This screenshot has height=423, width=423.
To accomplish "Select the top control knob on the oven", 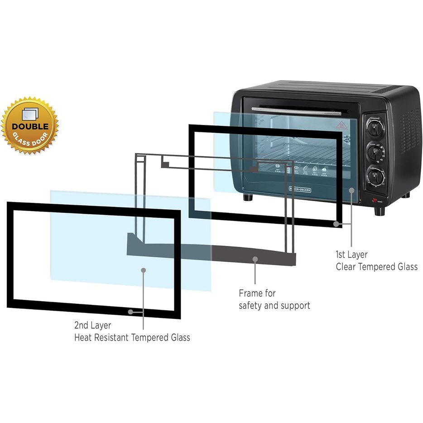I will pyautogui.click(x=375, y=129).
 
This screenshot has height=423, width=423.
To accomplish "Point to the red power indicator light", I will pyautogui.click(x=375, y=200).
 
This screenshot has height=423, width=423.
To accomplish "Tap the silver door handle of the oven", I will pyautogui.click(x=297, y=111).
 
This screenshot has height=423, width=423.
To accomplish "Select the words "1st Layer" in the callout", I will pyautogui.click(x=351, y=255).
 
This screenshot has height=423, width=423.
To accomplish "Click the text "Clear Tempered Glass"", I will pyautogui.click(x=376, y=267).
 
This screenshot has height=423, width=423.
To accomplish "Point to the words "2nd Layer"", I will pyautogui.click(x=93, y=325).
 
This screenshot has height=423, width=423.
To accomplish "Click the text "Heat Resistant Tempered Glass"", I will pyautogui.click(x=132, y=337).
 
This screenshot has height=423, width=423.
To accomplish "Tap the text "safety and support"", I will pyautogui.click(x=274, y=306).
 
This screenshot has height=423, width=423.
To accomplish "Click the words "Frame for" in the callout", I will pyautogui.click(x=257, y=293).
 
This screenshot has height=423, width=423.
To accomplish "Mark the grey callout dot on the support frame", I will pyautogui.click(x=255, y=260).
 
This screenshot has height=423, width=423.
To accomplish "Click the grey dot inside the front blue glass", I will pyautogui.click(x=144, y=270).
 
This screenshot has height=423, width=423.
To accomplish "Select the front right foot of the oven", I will pyautogui.click(x=380, y=211).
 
